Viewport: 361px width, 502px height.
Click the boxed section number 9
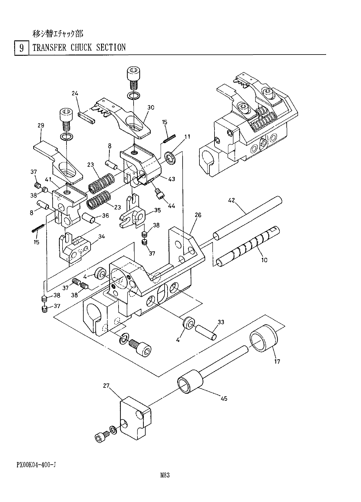pos(22,48)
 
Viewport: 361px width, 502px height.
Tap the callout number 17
pos(277,361)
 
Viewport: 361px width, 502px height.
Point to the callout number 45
pos(224,398)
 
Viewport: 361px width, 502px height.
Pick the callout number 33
pos(221,322)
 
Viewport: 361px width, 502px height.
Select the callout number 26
pos(198,215)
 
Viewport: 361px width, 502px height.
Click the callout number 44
pos(171,206)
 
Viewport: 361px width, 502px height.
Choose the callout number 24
pos(75,93)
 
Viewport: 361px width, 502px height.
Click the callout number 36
pos(105,216)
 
